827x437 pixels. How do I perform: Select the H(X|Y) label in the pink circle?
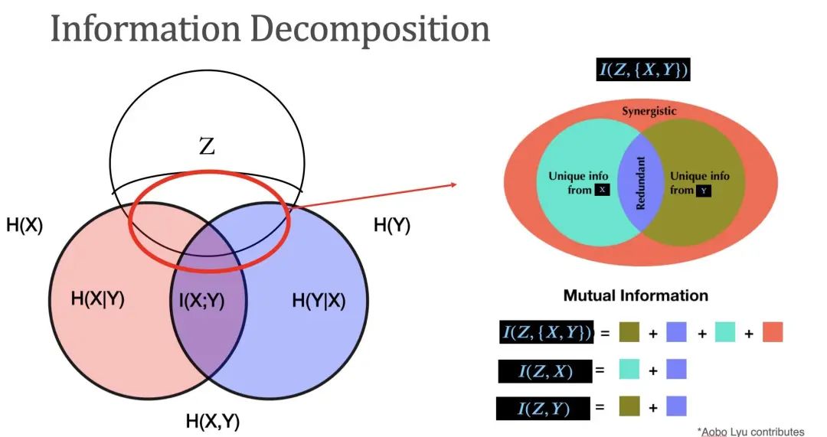(97, 299)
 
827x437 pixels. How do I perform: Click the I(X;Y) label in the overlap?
(198, 301)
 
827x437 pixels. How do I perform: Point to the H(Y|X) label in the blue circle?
(319, 301)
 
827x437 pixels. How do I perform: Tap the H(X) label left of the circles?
(25, 227)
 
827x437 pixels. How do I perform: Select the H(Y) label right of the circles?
(391, 226)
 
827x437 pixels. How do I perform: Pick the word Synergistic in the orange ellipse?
(649, 111)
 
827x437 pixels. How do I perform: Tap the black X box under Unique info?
(602, 190)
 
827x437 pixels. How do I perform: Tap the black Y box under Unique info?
(703, 191)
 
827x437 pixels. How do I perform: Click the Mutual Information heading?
(636, 295)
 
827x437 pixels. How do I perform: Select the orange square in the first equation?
(773, 333)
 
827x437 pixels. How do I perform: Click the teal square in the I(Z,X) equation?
(630, 370)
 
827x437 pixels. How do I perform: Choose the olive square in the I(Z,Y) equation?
(630, 407)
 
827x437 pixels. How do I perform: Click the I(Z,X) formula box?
(544, 371)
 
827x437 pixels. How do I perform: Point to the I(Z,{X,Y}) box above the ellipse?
(644, 70)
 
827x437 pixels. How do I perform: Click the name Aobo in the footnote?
(717, 432)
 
